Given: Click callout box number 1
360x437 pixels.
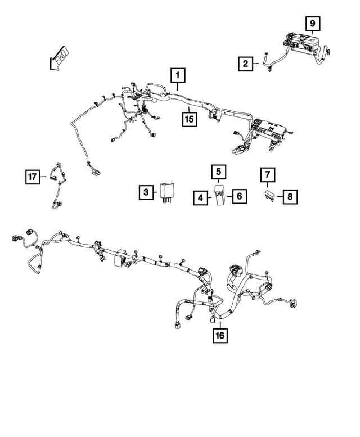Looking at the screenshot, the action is click(178, 75).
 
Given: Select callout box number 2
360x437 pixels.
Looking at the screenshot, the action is click(245, 64).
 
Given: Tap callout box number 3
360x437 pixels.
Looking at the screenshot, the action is click(146, 192).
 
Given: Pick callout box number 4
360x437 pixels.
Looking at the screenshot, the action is click(201, 198).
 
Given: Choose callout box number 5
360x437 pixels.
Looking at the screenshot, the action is click(218, 172).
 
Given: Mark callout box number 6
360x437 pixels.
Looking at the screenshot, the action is click(240, 196).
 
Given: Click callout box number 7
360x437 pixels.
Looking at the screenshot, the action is click(268, 175).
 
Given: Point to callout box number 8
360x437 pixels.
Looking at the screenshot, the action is click(290, 197).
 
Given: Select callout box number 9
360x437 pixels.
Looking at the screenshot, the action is click(313, 24).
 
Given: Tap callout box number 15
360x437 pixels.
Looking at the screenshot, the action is click(190, 119).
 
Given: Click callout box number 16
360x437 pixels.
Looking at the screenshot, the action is click(220, 335).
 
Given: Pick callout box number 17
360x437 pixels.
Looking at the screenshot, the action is click(32, 177).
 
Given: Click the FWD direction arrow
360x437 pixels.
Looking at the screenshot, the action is click(58, 58).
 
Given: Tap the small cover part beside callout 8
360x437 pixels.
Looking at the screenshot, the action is click(270, 194).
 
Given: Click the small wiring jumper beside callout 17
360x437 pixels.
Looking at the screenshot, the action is click(58, 186).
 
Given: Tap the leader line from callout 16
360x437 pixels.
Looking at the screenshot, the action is click(220, 325).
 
